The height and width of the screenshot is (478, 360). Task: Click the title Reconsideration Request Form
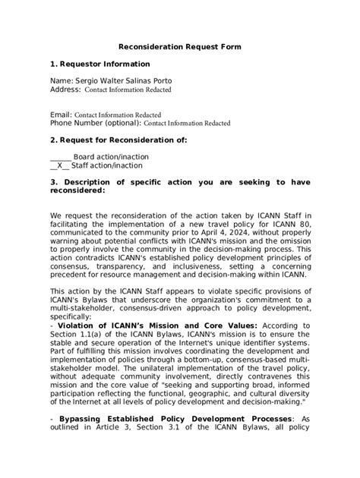pyautogui.click(x=180, y=47)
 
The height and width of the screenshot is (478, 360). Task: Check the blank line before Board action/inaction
pyautogui.click(x=61, y=157)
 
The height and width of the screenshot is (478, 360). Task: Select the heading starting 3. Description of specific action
pyautogui.click(x=180, y=182)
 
